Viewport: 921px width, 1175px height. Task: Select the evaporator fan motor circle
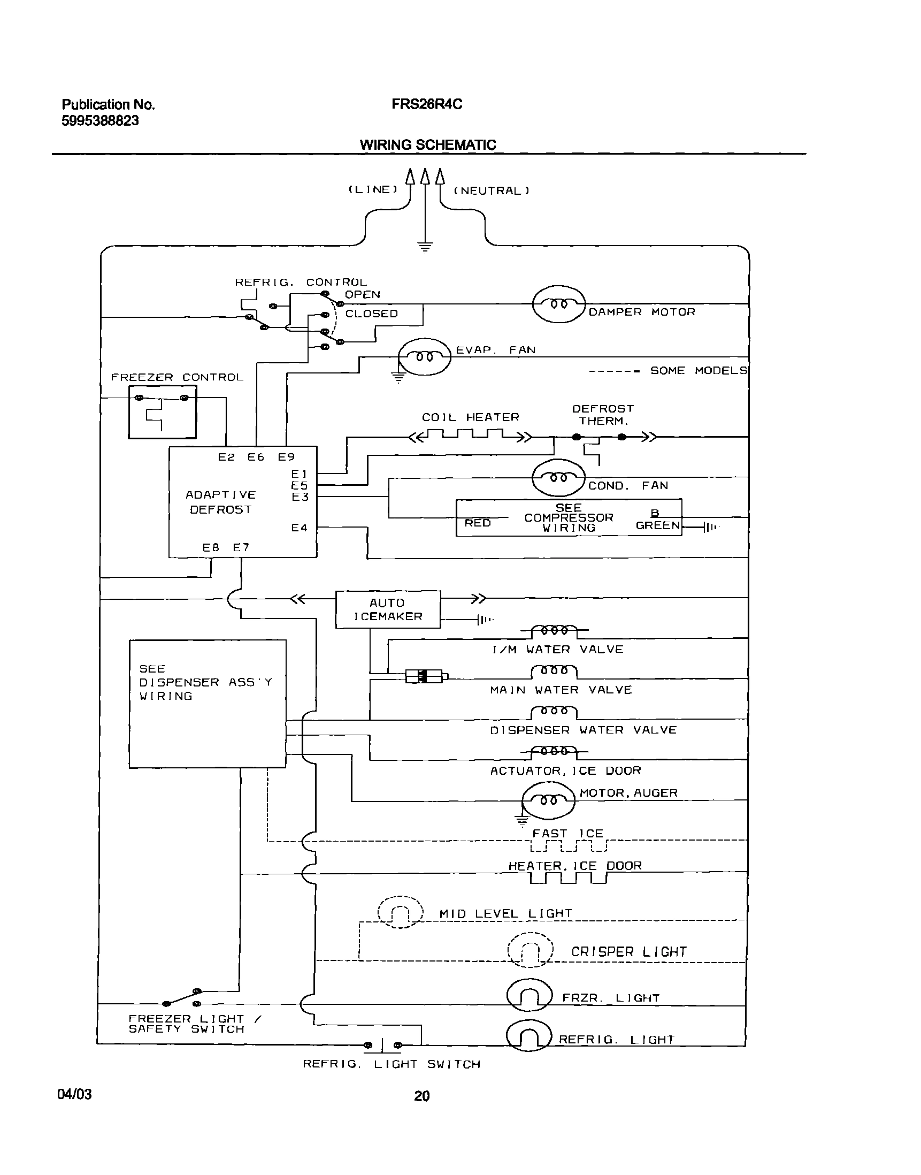tap(424, 356)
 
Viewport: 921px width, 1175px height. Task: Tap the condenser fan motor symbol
tap(558, 477)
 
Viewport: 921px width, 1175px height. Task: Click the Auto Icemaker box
tap(388, 609)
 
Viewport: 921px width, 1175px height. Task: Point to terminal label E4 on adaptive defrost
tap(300, 528)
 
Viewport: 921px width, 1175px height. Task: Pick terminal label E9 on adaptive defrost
tap(286, 457)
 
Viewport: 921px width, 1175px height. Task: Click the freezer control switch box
tap(162, 413)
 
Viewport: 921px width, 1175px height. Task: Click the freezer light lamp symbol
tap(529, 996)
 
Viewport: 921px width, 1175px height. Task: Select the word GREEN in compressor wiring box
tap(657, 525)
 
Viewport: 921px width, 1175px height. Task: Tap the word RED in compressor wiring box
tap(478, 523)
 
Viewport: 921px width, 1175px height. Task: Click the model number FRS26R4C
tap(426, 104)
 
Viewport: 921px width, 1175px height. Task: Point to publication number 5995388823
tap(100, 120)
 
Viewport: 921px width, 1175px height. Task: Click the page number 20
tap(421, 1096)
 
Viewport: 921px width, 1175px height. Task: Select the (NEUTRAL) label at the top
tap(491, 190)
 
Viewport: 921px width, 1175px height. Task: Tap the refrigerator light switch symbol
tap(383, 1045)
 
